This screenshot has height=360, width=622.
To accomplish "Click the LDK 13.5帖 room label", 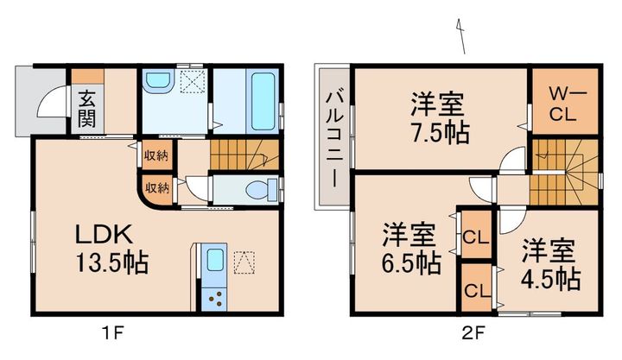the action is [x=111, y=249].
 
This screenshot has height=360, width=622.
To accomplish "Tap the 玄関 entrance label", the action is [x=87, y=109].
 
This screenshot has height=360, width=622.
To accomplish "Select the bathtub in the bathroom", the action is [x=263, y=102].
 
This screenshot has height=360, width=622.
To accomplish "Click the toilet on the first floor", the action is [x=261, y=190].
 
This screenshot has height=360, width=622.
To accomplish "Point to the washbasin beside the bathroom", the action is [x=156, y=82].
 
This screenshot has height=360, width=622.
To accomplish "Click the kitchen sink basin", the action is [x=214, y=260].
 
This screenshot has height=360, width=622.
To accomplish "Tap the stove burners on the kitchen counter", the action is [x=214, y=299].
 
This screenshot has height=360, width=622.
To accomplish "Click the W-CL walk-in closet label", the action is [x=564, y=104].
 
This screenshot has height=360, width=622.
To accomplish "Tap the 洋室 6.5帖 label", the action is [x=411, y=249].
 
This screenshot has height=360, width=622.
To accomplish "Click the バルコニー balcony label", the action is [x=333, y=139].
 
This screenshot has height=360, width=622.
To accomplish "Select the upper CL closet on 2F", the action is [x=476, y=237].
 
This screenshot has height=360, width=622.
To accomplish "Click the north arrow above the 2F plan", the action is [x=461, y=36].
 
